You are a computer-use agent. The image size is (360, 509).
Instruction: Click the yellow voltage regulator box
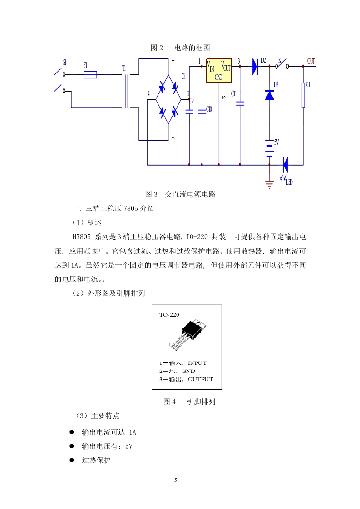[219, 70]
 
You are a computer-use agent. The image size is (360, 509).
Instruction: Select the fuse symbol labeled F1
[90, 75]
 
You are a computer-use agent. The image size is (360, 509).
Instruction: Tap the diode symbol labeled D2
[255, 67]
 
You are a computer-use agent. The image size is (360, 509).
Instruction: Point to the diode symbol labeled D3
[269, 95]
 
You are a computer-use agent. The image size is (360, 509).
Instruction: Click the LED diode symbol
[285, 165]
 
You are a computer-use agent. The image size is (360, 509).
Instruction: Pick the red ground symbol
[269, 184]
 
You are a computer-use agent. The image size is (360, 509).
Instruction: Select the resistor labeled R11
[303, 95]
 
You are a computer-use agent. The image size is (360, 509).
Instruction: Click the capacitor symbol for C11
[240, 103]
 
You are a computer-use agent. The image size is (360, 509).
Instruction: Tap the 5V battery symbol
[269, 148]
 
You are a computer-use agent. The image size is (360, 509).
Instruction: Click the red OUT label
[311, 61]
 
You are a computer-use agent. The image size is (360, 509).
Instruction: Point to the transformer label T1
[124, 68]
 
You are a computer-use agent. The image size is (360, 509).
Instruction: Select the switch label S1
[64, 62]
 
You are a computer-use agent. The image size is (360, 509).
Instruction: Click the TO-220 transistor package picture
[188, 334]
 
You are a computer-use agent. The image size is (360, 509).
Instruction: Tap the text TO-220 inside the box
[169, 314]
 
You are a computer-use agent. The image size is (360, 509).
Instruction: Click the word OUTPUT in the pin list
[200, 379]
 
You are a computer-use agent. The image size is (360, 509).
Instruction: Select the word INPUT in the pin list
[197, 363]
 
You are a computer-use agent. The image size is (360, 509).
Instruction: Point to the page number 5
[176, 480]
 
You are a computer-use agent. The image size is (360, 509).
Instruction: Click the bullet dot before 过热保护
[72, 460]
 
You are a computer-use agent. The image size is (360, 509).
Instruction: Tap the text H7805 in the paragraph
[82, 237]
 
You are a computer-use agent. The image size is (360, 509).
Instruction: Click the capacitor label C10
[209, 109]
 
